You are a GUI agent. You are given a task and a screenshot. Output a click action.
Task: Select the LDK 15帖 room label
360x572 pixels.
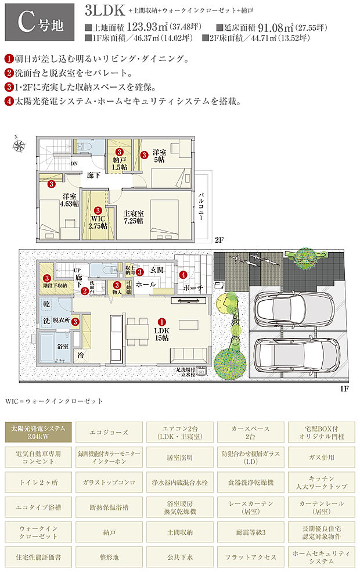coord(161,332)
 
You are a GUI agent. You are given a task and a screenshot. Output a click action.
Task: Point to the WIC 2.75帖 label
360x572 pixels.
coord(98,221)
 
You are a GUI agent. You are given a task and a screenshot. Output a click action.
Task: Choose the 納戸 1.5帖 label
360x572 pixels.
coord(120,163)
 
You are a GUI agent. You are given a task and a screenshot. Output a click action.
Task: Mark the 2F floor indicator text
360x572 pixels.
coord(218,240)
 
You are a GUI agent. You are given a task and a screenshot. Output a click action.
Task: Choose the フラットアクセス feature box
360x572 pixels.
coord(250,557)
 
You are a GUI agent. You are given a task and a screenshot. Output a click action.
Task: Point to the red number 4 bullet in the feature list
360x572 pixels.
coord(9,100)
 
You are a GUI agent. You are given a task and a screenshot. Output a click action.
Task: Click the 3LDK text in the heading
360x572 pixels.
coord(105,10)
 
